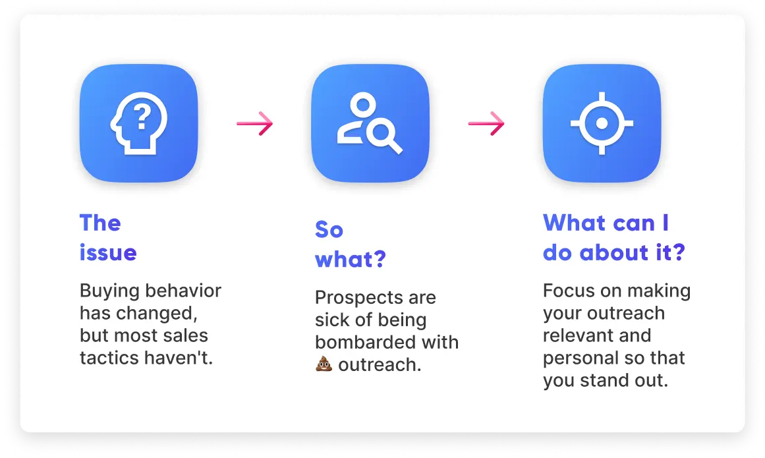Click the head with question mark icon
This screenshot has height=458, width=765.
139,123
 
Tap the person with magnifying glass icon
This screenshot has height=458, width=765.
370,123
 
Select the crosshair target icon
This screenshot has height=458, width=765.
602,123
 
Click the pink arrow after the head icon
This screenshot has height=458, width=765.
255,123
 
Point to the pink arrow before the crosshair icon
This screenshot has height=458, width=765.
486,123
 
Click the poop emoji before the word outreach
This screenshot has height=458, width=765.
324,364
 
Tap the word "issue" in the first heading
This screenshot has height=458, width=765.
108,252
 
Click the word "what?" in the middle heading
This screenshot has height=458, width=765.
351,259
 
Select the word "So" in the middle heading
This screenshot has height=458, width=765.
329,230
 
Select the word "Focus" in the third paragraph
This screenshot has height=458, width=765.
569,291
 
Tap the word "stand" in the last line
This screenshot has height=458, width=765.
602,380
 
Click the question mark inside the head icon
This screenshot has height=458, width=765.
142,117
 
